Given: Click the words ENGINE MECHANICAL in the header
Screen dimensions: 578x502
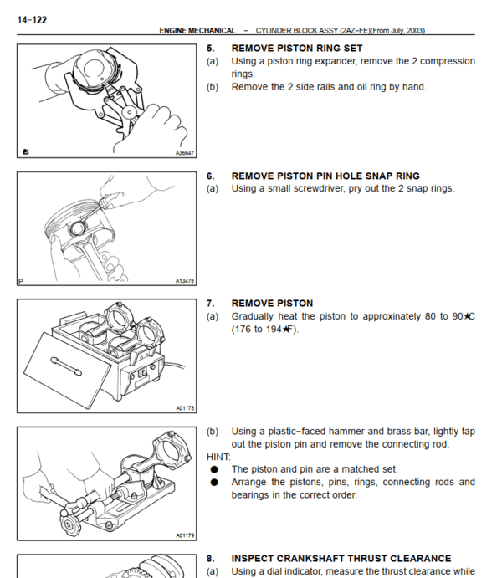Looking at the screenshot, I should click(197, 31).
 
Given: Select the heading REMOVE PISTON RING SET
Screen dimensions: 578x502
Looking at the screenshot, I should click(296, 49).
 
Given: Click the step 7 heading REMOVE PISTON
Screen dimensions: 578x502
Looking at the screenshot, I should click(272, 303).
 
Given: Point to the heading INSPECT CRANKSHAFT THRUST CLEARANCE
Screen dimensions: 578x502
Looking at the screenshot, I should click(341, 558).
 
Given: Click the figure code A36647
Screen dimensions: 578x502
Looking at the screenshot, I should click(185, 153).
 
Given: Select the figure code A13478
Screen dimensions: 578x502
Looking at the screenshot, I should click(185, 281).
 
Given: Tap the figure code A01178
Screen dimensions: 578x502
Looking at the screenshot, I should click(185, 408).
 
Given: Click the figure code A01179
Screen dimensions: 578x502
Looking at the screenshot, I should click(185, 535).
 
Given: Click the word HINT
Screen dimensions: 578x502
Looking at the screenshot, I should click(218, 457).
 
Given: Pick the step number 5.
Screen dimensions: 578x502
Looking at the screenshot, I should click(210, 49).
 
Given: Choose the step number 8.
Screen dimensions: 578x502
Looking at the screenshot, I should click(210, 558).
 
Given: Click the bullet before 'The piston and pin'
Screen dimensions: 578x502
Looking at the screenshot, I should click(214, 469).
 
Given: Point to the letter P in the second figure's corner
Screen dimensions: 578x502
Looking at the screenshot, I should click(21, 281).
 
